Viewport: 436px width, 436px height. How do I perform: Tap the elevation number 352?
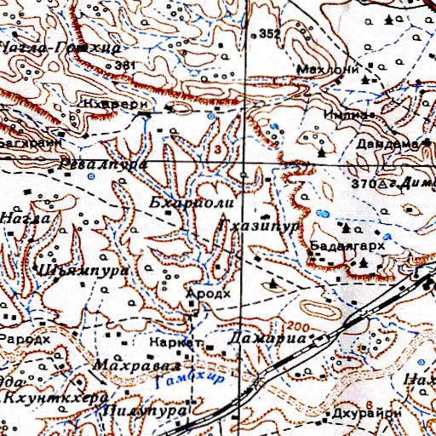[270, 34]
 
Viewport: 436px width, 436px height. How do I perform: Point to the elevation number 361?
[124, 65]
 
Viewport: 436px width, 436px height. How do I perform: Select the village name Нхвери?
[128, 97]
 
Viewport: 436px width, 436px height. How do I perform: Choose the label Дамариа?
[267, 339]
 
